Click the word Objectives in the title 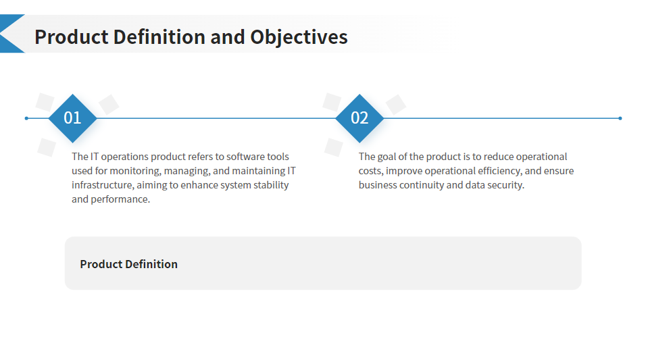[299, 37]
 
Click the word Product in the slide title [71, 37]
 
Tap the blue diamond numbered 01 [72, 118]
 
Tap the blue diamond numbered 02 [359, 118]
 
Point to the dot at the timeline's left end [26, 118]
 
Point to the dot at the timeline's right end [620, 118]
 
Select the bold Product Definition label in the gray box [128, 264]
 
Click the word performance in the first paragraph [120, 199]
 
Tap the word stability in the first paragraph [271, 185]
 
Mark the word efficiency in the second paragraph [499, 171]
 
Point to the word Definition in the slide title [159, 37]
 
